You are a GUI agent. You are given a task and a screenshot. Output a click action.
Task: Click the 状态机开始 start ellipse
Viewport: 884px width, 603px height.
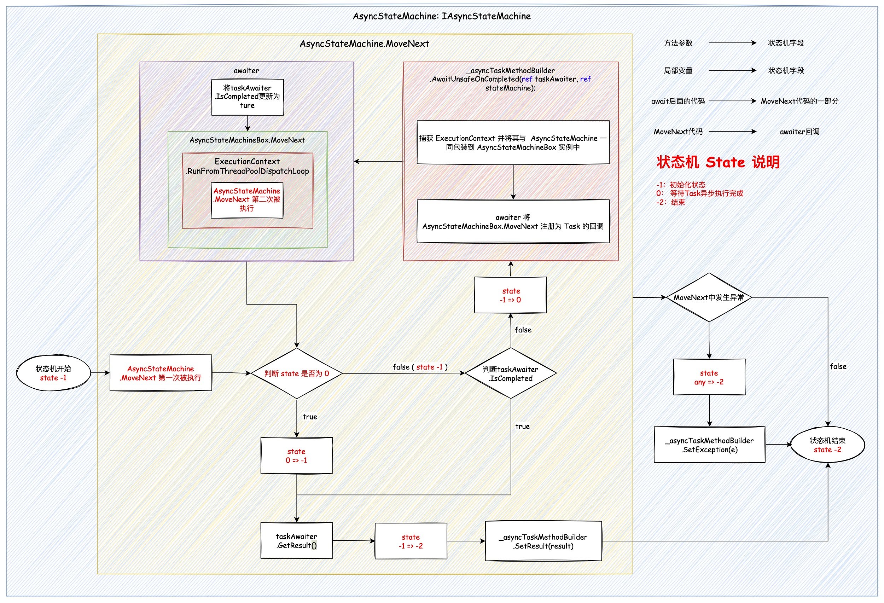(53, 373)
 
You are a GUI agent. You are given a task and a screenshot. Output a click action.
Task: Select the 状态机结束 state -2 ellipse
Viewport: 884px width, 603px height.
(827, 445)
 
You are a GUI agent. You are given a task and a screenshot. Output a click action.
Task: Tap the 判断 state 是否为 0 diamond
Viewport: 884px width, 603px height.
(297, 373)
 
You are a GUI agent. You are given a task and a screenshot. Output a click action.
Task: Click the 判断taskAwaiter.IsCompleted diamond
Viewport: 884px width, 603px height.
(511, 373)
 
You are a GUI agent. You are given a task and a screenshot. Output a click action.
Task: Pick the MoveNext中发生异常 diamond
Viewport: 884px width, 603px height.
(709, 297)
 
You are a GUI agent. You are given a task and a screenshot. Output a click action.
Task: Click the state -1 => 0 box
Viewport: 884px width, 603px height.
(511, 295)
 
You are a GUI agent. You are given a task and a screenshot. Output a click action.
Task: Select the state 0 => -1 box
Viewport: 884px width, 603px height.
(297, 456)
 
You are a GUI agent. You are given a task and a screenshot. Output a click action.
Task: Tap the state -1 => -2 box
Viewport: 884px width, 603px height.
(411, 541)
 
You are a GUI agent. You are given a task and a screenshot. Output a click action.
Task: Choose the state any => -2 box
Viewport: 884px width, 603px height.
(709, 377)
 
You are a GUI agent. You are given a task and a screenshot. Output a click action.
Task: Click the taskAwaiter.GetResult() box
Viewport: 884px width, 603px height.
(297, 541)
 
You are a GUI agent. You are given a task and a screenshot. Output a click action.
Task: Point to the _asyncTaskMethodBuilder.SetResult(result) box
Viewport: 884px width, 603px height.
(543, 541)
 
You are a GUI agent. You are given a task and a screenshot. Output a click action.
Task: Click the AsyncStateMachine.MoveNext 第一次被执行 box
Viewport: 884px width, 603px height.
(161, 373)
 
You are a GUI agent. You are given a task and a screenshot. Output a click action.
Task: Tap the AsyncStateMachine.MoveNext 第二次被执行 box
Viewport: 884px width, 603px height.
(247, 200)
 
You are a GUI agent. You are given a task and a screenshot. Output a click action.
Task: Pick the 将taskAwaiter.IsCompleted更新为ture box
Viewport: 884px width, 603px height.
(247, 97)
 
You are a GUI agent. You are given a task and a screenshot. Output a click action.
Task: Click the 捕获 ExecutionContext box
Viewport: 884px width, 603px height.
(513, 143)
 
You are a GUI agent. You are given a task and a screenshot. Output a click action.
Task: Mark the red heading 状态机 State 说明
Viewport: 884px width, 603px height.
(718, 162)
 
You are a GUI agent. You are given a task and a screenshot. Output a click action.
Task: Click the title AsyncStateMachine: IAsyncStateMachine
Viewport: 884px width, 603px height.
(442, 16)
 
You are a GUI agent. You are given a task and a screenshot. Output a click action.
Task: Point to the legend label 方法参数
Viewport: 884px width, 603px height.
(678, 43)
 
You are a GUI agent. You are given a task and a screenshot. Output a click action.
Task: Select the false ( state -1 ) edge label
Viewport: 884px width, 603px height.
(420, 367)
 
